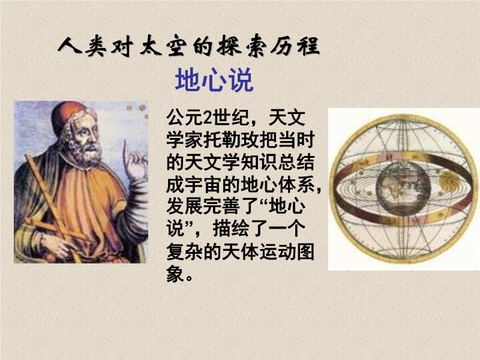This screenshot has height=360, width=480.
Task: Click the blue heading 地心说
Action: point(214,80)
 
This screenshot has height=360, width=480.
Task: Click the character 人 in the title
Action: point(70,46)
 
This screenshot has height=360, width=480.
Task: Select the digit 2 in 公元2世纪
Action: point(208,118)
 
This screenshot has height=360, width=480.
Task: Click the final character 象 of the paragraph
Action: point(175,274)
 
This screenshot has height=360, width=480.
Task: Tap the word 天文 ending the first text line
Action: point(287,118)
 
